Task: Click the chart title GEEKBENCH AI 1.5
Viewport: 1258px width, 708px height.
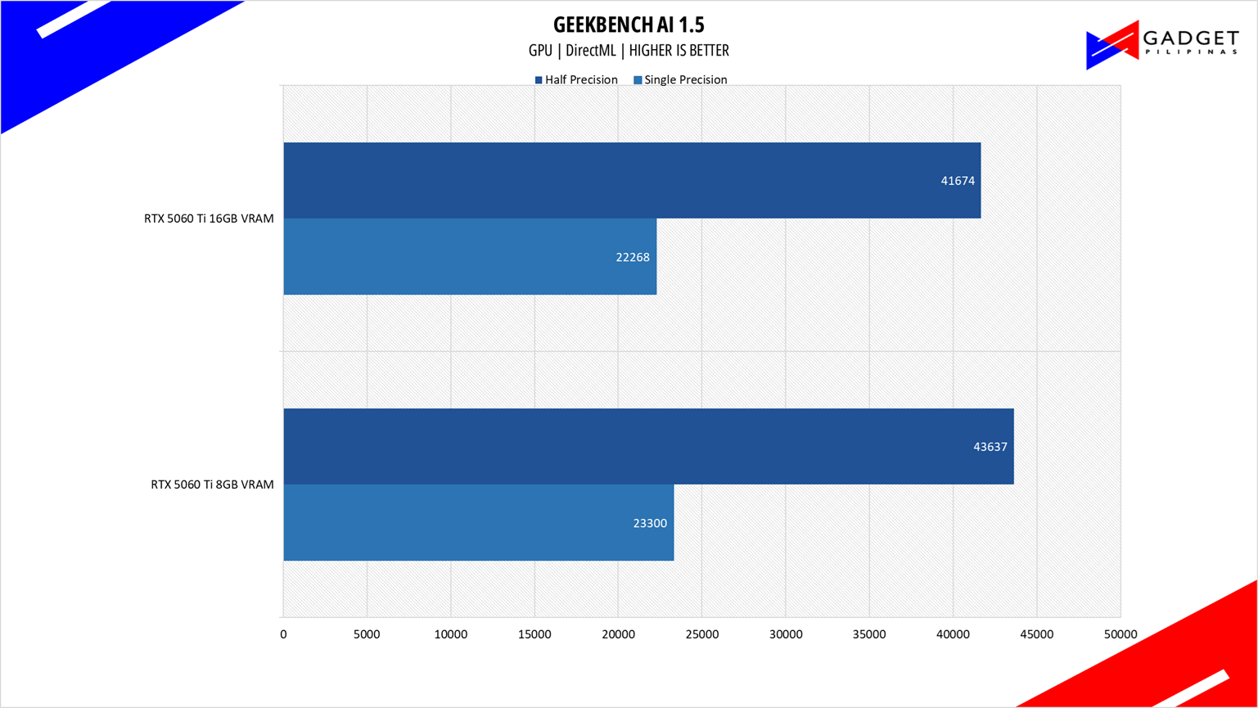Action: [629, 24]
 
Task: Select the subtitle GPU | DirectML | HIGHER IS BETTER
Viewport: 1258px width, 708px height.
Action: [629, 51]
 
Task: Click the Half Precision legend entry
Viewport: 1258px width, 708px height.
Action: [576, 80]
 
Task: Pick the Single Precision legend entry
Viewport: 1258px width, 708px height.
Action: [680, 80]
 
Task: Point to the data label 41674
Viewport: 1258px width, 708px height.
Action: [958, 181]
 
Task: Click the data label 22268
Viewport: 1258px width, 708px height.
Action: [633, 257]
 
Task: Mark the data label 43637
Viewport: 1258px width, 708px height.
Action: [990, 447]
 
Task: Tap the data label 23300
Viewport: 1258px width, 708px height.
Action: [650, 523]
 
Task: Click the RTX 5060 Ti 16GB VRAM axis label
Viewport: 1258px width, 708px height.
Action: [209, 219]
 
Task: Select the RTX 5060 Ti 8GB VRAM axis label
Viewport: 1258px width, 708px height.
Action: [212, 485]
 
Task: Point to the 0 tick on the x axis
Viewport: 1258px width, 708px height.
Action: [283, 634]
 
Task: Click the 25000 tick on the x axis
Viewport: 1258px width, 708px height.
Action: [701, 634]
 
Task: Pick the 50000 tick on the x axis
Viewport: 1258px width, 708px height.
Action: [1120, 634]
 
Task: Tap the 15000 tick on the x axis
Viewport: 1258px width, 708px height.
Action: [534, 634]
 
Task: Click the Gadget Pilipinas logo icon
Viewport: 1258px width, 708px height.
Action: [1111, 46]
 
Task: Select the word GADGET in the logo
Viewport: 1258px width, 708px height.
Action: [1190, 38]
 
